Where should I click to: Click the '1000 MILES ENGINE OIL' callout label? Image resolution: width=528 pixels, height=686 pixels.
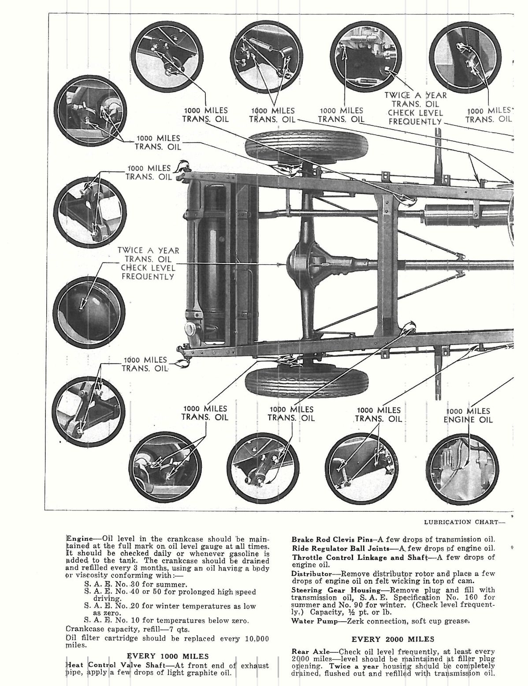(x=468, y=415)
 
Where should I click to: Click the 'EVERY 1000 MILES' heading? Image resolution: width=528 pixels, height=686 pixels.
(x=167, y=656)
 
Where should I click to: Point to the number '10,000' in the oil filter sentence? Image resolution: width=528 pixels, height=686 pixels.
(x=256, y=638)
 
